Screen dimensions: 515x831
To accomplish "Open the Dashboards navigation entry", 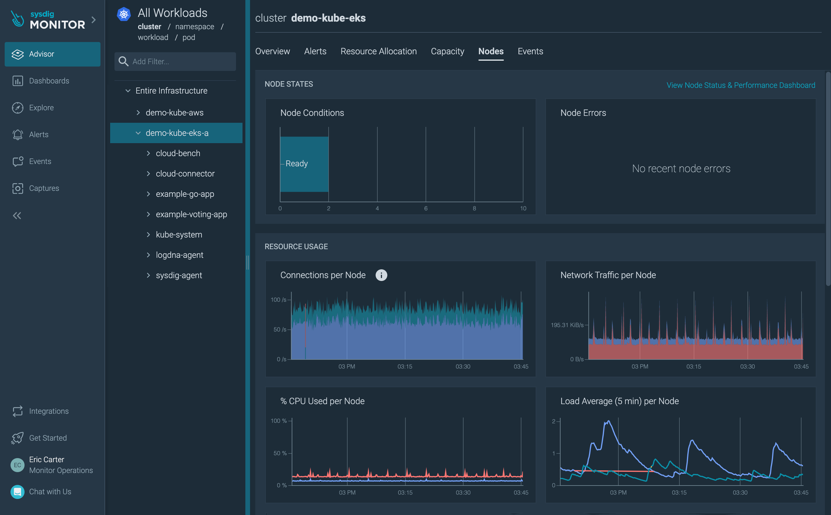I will click(49, 81).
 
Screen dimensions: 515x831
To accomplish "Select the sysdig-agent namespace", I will click(179, 275).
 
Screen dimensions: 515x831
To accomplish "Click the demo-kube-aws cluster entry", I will click(174, 112).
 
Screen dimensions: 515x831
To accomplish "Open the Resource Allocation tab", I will click(378, 51).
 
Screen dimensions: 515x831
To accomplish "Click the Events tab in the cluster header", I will click(530, 51).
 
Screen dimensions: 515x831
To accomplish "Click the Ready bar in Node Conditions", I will click(304, 164).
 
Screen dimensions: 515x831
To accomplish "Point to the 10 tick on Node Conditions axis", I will click(523, 208).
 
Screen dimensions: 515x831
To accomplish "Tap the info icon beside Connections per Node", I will click(381, 275).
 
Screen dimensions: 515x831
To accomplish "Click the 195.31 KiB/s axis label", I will click(567, 325).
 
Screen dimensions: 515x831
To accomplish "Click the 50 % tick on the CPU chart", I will click(280, 453).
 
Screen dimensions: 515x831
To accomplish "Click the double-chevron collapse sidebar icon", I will click(17, 216).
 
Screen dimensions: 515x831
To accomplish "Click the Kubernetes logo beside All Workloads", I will click(124, 14).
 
